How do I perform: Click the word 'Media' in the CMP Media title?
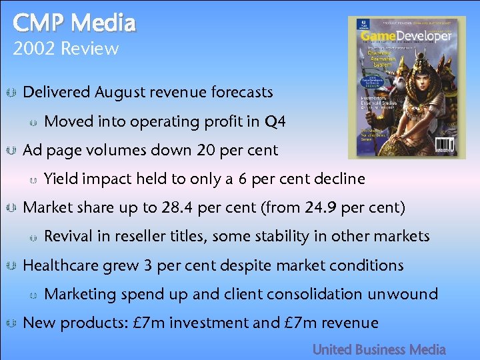pos(103,23)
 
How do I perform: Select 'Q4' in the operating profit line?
pos(275,121)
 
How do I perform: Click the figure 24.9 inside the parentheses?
pos(321,207)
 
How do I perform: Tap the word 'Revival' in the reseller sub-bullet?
pos(71,236)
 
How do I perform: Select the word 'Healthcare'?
pos(59,265)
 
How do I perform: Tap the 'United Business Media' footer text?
pos(379,349)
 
